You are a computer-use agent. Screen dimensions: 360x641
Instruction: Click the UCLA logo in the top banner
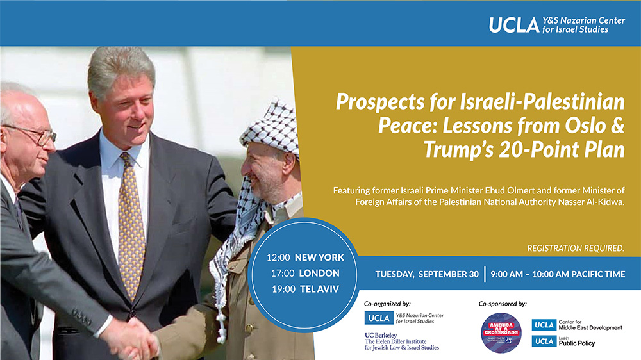coord(513,24)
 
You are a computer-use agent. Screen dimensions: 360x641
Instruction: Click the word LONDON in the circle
coord(318,273)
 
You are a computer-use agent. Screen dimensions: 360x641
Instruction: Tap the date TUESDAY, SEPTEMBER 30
coord(427,274)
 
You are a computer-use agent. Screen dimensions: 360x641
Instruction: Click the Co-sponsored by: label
coord(503,303)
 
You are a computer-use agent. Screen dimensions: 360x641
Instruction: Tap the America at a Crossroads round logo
coord(501,332)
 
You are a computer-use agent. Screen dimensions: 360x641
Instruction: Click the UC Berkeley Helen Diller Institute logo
coord(401,341)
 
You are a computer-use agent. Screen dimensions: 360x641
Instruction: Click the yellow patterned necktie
coord(131,224)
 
